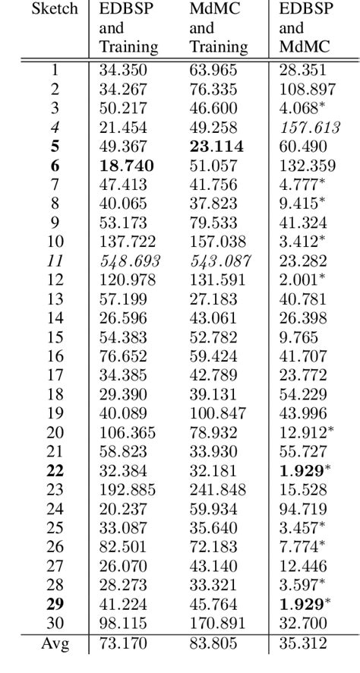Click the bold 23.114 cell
tap(216, 147)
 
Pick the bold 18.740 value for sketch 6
tap(128, 166)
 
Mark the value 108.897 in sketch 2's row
tap(308, 90)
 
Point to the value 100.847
tap(219, 414)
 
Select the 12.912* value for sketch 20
tap(308, 433)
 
